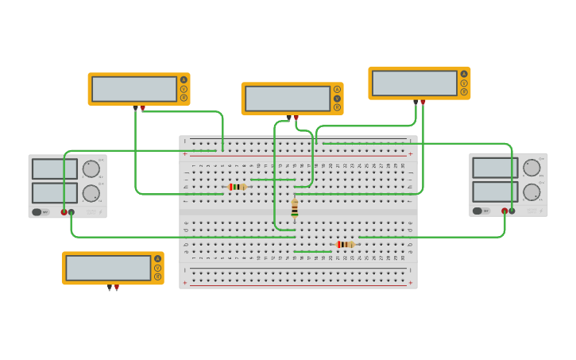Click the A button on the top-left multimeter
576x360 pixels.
click(184, 79)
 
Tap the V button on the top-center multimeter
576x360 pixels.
click(337, 99)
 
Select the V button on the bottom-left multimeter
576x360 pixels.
click(157, 268)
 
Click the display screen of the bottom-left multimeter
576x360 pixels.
click(108, 268)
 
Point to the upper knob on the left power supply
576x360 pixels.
click(91, 168)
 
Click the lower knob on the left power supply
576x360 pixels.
click(91, 193)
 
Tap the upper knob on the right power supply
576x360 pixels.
click(532, 168)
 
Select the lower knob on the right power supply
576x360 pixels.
click(532, 192)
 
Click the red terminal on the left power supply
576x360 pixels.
click(64, 212)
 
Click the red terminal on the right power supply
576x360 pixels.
click(504, 211)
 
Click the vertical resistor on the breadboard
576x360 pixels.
click(295, 208)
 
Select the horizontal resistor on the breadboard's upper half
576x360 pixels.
click(238, 187)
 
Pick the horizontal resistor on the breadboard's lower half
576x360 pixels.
click(345, 244)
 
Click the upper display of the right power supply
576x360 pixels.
click(495, 168)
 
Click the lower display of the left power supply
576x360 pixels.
click(55, 193)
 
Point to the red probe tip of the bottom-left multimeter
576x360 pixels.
click(117, 288)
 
